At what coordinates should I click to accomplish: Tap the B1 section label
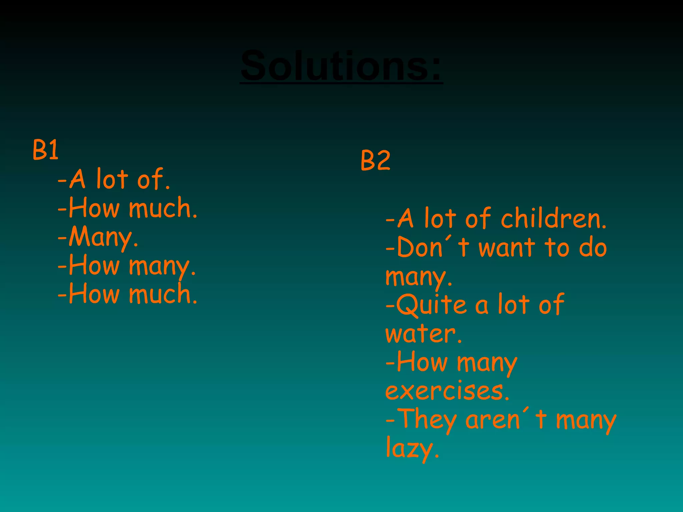(x=46, y=150)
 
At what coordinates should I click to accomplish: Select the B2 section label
(x=375, y=160)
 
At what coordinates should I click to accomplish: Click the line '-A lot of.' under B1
(x=114, y=179)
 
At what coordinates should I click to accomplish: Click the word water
(x=423, y=334)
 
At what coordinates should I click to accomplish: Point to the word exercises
(x=447, y=391)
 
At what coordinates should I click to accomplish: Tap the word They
(x=427, y=420)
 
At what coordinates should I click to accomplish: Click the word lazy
(x=412, y=449)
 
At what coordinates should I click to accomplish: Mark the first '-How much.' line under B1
(x=128, y=208)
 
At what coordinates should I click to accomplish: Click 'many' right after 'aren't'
(x=586, y=421)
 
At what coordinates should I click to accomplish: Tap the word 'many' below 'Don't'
(x=419, y=277)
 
